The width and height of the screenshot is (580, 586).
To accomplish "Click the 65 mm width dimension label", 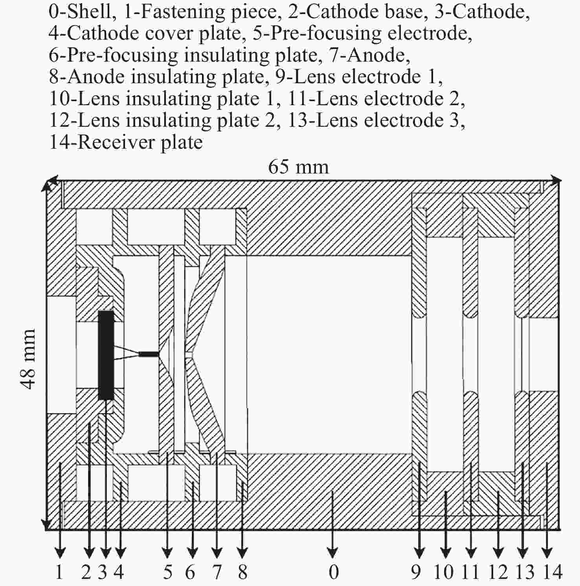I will [x=298, y=167].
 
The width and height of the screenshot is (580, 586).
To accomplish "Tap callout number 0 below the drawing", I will [x=333, y=572].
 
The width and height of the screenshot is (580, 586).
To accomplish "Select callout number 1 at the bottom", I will [x=59, y=572].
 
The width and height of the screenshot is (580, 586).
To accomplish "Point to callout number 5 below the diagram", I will [x=168, y=572].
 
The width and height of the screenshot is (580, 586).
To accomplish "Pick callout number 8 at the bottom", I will [x=242, y=572].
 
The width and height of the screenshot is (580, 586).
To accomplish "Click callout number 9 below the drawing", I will [x=416, y=572].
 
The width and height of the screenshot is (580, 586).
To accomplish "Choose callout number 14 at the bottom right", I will [x=552, y=572].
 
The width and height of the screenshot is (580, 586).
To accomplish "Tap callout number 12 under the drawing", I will [x=498, y=572].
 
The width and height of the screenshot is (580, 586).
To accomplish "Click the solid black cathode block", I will [x=106, y=355].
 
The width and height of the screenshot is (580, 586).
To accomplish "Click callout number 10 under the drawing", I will [x=444, y=572].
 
